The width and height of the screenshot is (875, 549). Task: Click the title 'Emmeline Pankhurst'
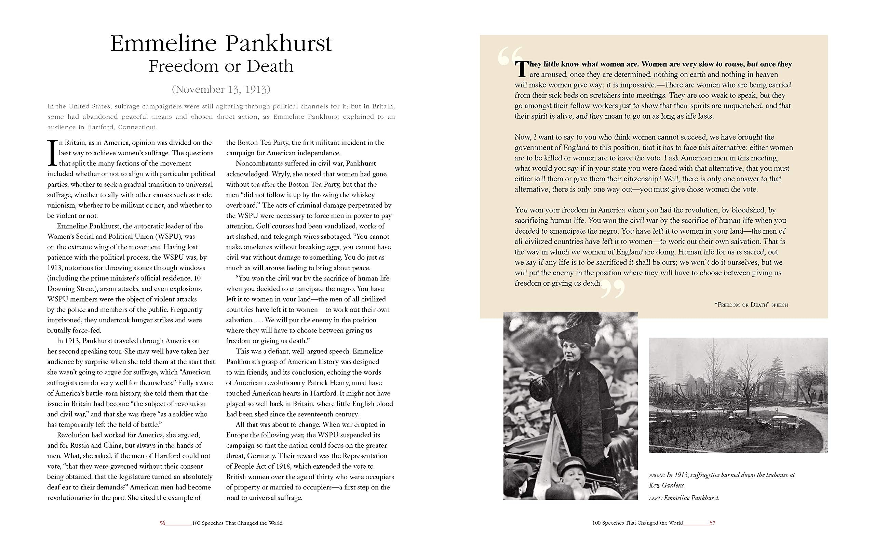pyautogui.click(x=220, y=43)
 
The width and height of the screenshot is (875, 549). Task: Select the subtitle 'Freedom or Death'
pyautogui.click(x=221, y=66)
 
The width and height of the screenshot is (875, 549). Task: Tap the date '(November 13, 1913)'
pyautogui.click(x=221, y=89)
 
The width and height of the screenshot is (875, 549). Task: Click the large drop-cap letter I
pyautogui.click(x=52, y=153)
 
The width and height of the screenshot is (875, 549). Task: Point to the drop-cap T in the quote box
pyautogui.click(x=521, y=69)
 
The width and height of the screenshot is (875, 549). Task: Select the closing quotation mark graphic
pyautogui.click(x=613, y=289)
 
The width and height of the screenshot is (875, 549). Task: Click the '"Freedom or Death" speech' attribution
pyautogui.click(x=751, y=305)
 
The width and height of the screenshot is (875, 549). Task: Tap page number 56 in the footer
pyautogui.click(x=162, y=523)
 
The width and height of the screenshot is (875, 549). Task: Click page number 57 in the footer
pyautogui.click(x=713, y=523)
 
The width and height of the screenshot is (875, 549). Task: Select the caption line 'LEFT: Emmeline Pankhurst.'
pyautogui.click(x=684, y=498)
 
